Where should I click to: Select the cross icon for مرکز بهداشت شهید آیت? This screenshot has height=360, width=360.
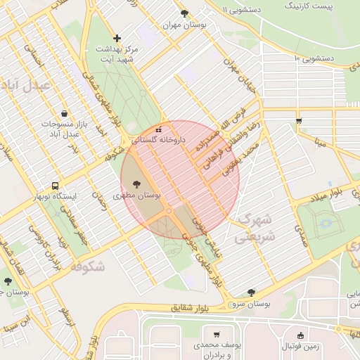[x=117, y=38]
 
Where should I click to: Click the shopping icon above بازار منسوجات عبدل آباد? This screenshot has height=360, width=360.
[x=65, y=113]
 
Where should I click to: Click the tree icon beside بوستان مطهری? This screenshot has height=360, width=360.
[x=136, y=184]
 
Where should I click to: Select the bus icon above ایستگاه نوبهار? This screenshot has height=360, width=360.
[x=55, y=186]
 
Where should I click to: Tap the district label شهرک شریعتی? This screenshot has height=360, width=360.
[x=257, y=227]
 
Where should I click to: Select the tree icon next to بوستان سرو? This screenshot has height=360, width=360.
[x=250, y=292]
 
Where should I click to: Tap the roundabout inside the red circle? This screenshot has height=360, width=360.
[x=169, y=211]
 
